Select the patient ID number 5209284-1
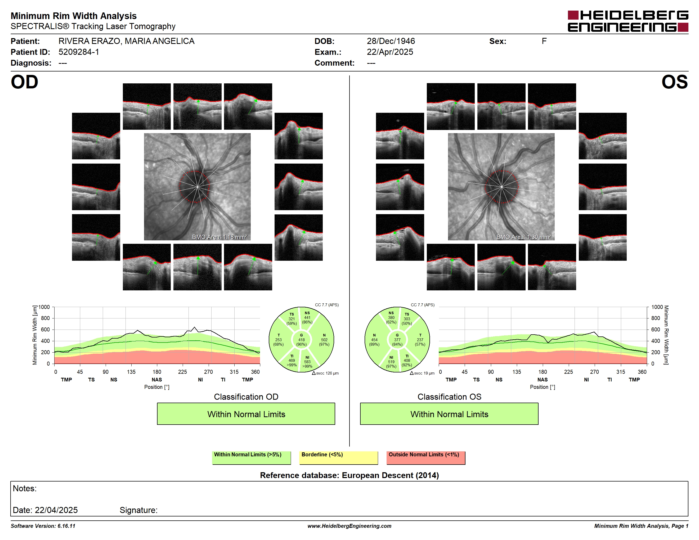pyautogui.click(x=79, y=52)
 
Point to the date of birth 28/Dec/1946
pyautogui.click(x=391, y=41)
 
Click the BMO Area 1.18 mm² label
pyautogui.click(x=219, y=237)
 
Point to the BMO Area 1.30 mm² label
pyautogui.click(x=524, y=237)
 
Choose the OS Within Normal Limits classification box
pyautogui.click(x=449, y=414)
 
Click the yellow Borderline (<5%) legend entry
pyautogui.click(x=339, y=457)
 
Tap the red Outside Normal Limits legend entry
pyautogui.click(x=426, y=457)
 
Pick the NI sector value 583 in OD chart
pyautogui.click(x=307, y=362)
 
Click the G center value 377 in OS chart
pyautogui.click(x=397, y=340)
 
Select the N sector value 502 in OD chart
pyautogui.click(x=324, y=340)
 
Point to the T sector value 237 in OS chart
pyautogui.click(x=420, y=340)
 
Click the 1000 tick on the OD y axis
pyautogui.click(x=44, y=307)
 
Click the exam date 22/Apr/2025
pyautogui.click(x=390, y=52)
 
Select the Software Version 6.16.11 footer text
pyautogui.click(x=43, y=526)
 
